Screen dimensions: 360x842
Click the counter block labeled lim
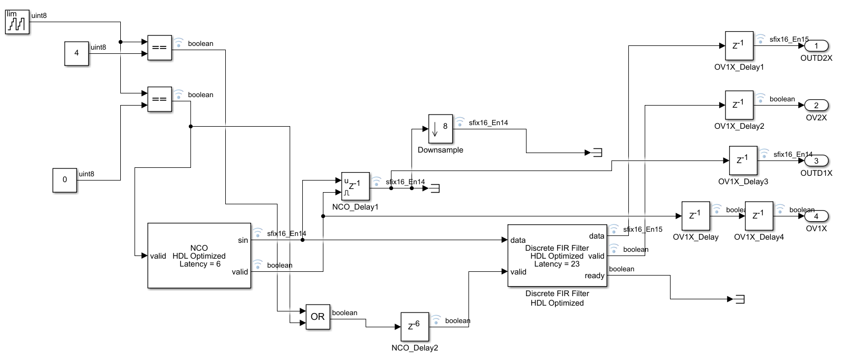click(x=17, y=22)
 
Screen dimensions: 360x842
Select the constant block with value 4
click(x=76, y=53)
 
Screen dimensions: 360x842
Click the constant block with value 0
click(x=65, y=179)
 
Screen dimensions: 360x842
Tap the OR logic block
click(x=318, y=317)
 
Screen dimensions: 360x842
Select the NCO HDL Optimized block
click(x=199, y=255)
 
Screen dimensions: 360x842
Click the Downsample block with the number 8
click(x=440, y=128)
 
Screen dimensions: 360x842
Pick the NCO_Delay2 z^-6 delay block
click(x=414, y=327)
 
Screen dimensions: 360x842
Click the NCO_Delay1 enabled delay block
click(x=355, y=186)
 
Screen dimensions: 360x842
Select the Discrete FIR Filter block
click(x=557, y=255)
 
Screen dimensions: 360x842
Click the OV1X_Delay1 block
click(x=739, y=46)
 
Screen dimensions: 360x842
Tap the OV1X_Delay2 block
click(x=739, y=105)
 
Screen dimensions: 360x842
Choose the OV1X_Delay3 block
click(x=743, y=160)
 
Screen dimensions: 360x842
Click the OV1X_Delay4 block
click(x=759, y=216)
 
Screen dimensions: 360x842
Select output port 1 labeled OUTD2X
click(x=816, y=46)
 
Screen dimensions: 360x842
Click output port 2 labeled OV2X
click(x=816, y=105)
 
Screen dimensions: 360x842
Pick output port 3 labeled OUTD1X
click(x=816, y=160)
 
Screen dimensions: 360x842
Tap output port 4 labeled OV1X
click(x=816, y=216)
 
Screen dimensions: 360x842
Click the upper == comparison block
click(x=159, y=48)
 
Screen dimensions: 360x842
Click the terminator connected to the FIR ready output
click(x=740, y=299)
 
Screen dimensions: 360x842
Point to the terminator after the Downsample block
click(x=597, y=153)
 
